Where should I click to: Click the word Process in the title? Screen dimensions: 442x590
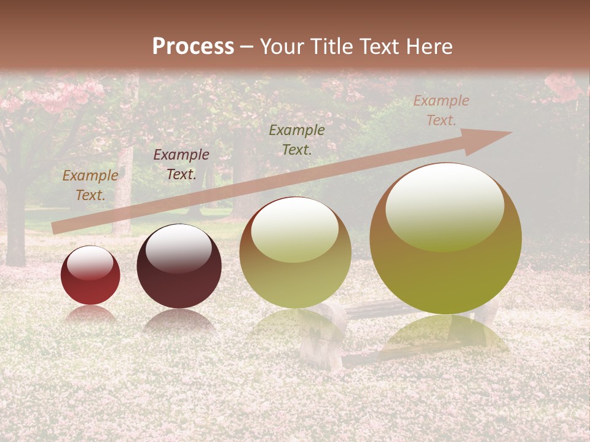[193, 47]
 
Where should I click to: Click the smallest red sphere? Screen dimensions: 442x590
[90, 276]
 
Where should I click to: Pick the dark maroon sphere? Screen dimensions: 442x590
[179, 266]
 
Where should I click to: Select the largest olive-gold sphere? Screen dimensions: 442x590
[446, 239]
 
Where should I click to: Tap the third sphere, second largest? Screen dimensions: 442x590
[295, 252]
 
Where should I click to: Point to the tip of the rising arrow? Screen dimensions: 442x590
[510, 133]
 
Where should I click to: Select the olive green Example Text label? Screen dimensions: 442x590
[297, 139]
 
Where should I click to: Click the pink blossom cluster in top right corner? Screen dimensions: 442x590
[562, 86]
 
